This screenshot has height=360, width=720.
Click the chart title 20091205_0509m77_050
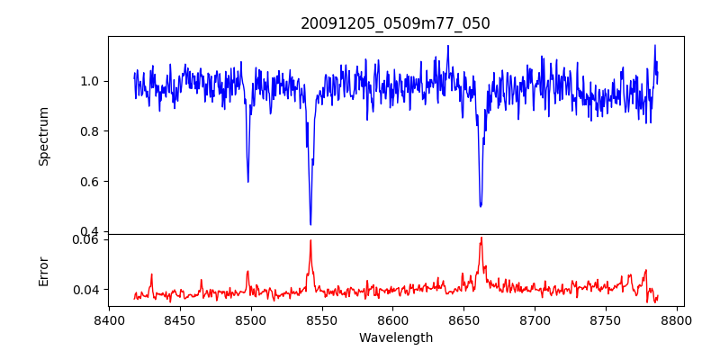(395, 23)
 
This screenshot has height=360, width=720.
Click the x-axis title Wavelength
(395, 337)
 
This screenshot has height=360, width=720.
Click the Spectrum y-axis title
(44, 136)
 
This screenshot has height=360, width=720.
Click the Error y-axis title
(44, 270)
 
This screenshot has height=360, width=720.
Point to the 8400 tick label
(109, 319)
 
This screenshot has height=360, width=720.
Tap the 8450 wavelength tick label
(180, 319)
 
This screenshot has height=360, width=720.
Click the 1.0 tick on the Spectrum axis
(91, 81)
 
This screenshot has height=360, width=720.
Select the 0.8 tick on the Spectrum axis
(91, 131)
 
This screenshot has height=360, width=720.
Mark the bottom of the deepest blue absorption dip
(310, 224)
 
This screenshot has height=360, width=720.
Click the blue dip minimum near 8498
(248, 182)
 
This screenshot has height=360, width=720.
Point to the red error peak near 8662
(481, 238)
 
